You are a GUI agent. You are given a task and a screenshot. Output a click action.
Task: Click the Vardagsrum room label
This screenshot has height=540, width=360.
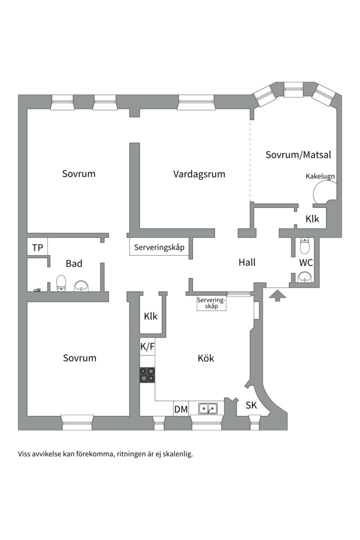[x=199, y=174]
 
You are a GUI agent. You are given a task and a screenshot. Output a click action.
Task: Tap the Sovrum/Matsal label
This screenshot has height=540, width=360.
[x=298, y=155]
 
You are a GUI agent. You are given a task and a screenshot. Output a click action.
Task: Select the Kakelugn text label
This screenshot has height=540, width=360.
[x=320, y=176]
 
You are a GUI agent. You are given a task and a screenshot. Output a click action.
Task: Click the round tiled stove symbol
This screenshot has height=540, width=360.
[x=323, y=193]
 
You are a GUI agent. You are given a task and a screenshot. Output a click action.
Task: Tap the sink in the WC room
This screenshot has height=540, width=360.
[x=304, y=277]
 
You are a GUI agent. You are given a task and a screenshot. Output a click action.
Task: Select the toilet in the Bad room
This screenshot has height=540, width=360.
[x=61, y=282]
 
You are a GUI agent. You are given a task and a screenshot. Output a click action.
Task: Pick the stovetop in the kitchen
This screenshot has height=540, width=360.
[x=147, y=374]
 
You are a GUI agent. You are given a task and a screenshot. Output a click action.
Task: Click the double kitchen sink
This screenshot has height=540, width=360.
[x=207, y=408]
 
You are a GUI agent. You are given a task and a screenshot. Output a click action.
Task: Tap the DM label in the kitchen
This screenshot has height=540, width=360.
[x=181, y=409]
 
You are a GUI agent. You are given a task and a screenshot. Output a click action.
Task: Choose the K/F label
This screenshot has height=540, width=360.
[x=147, y=346]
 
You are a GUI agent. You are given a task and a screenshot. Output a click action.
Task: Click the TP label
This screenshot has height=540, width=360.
[x=37, y=247]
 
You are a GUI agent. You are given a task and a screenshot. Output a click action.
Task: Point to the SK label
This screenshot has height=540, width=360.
[x=251, y=405]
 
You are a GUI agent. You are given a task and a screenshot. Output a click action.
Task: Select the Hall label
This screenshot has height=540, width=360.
[x=247, y=262]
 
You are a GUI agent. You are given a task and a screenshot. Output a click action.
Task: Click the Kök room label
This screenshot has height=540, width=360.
[x=205, y=358]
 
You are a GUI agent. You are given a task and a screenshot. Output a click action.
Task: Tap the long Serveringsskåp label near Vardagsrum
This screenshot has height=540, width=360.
[x=159, y=247]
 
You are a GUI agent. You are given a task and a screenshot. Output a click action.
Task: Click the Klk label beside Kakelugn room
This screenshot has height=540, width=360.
[x=312, y=218]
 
